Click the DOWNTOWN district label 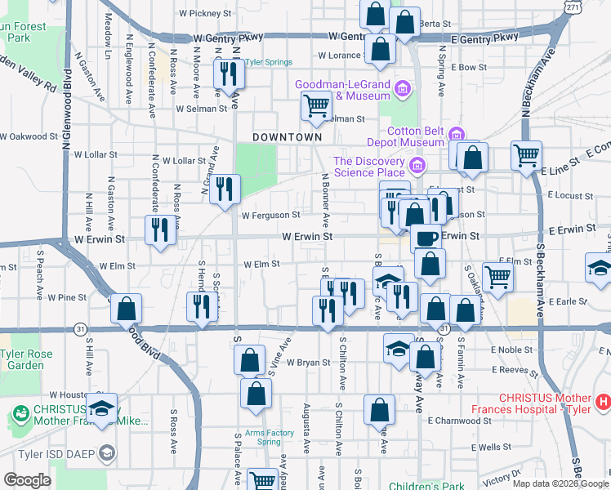point(287,137)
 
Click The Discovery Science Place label point(369,167)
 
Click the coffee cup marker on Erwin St point(425,238)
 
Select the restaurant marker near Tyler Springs point(227,74)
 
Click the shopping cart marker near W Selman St point(315,105)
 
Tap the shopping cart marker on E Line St point(527,154)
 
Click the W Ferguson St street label point(271,216)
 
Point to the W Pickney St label point(205,14)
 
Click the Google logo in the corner point(27,480)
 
